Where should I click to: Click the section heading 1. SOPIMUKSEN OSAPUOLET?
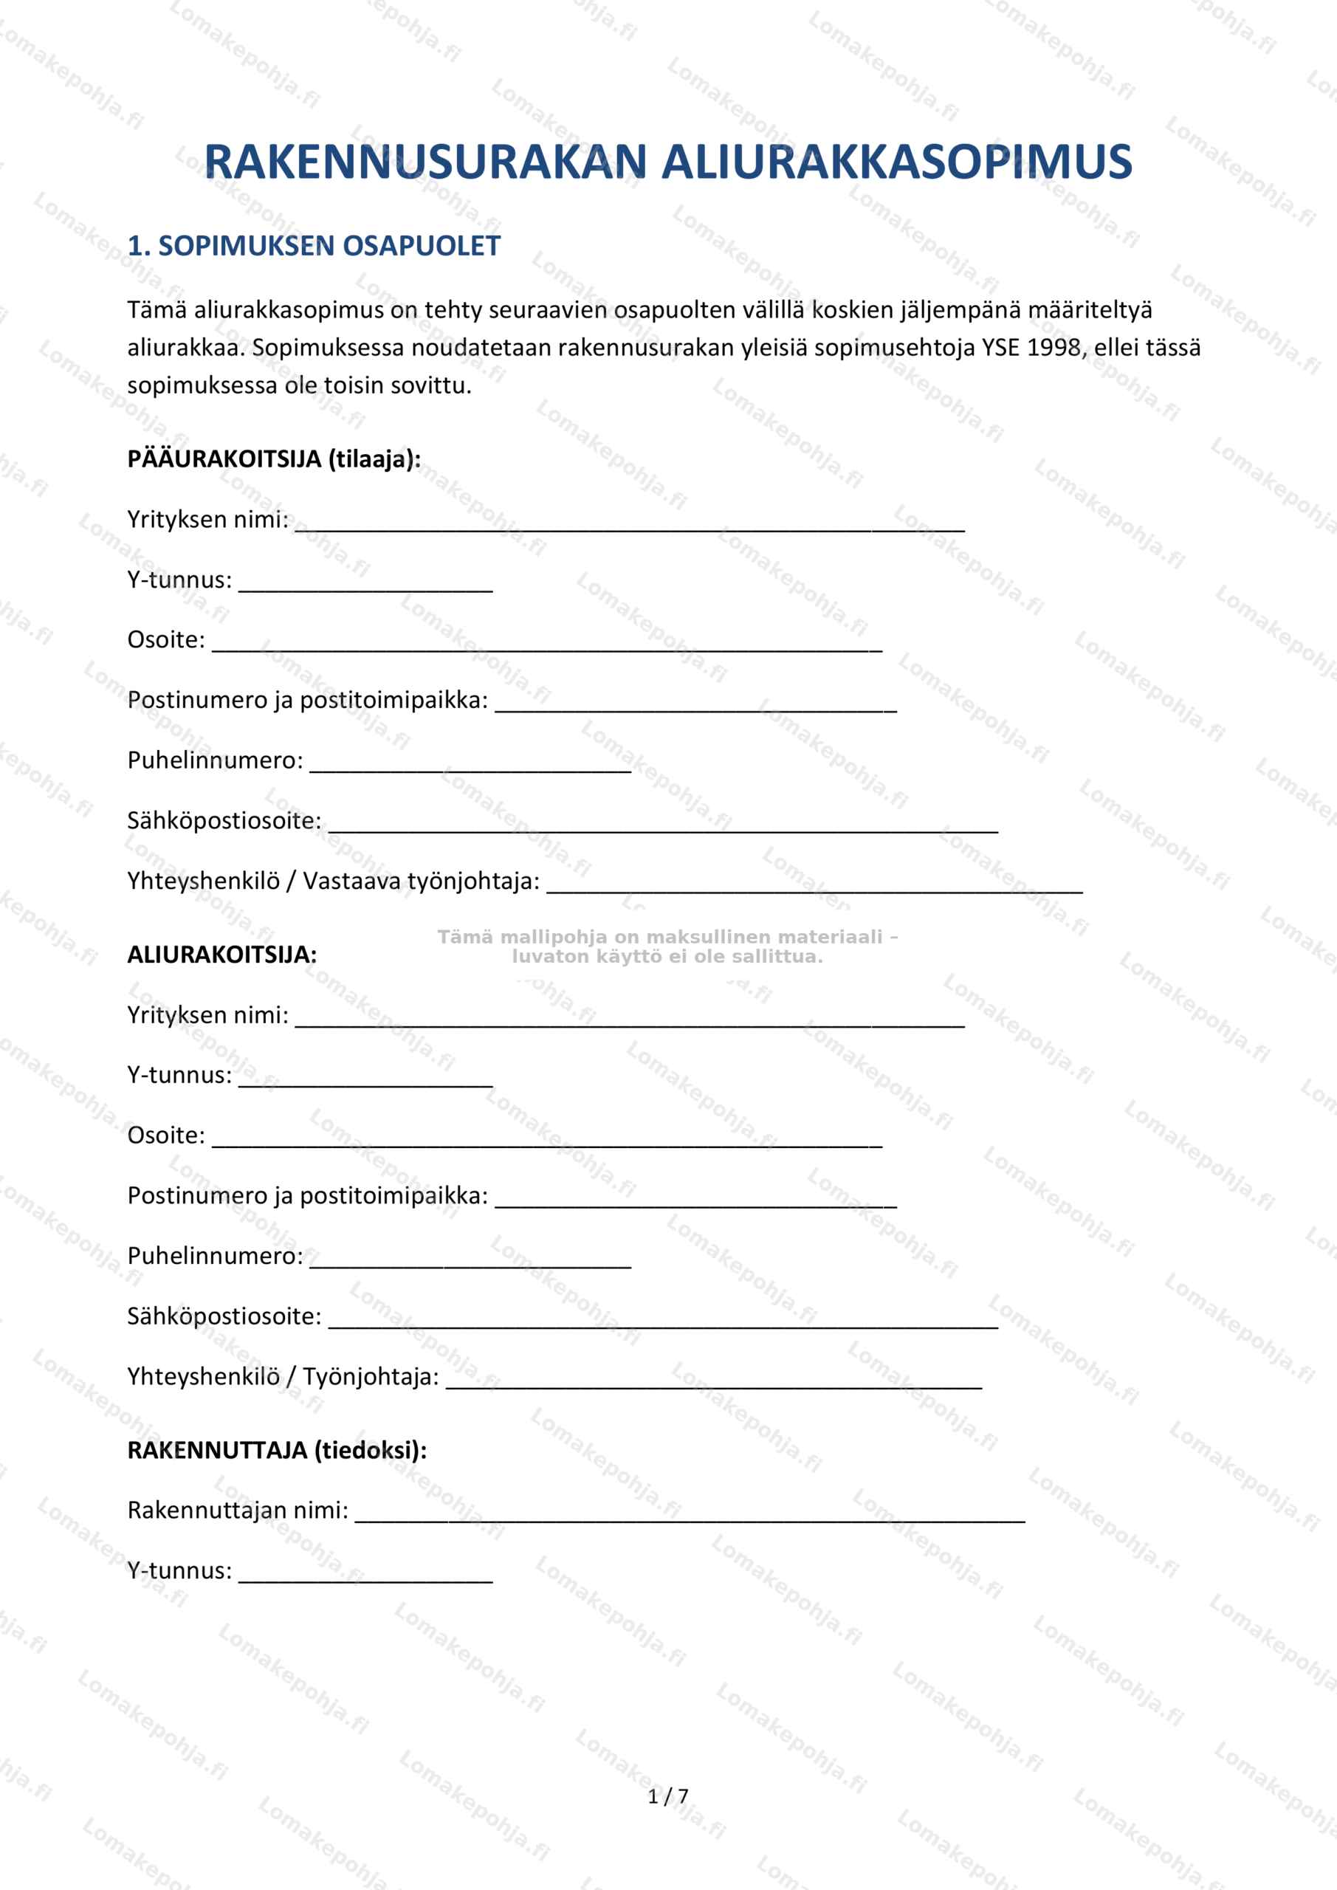314,246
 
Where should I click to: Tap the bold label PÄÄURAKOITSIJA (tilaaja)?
274,459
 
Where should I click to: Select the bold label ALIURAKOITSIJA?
221,955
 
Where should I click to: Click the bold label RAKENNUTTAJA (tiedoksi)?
278,1451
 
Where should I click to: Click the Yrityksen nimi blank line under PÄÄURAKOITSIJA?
630,525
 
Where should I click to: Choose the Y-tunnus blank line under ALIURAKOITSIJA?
365,1081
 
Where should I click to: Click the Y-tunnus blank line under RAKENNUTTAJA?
365,1576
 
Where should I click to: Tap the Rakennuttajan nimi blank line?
690,1516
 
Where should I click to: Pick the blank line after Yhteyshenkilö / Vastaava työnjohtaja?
814,887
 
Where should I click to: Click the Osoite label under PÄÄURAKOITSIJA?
166,639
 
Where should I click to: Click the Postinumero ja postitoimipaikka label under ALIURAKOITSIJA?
307,1196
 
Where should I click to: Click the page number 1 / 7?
667,1796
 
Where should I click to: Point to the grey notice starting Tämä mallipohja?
667,946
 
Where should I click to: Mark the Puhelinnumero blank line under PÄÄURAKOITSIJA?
470,766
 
